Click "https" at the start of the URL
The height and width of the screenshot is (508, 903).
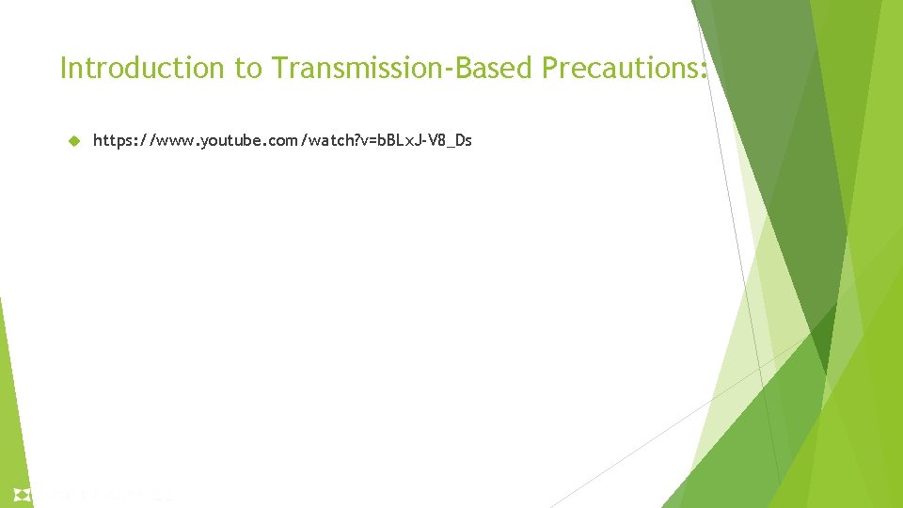[x=111, y=141]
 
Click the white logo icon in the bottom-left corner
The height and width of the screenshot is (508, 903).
[x=22, y=494]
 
